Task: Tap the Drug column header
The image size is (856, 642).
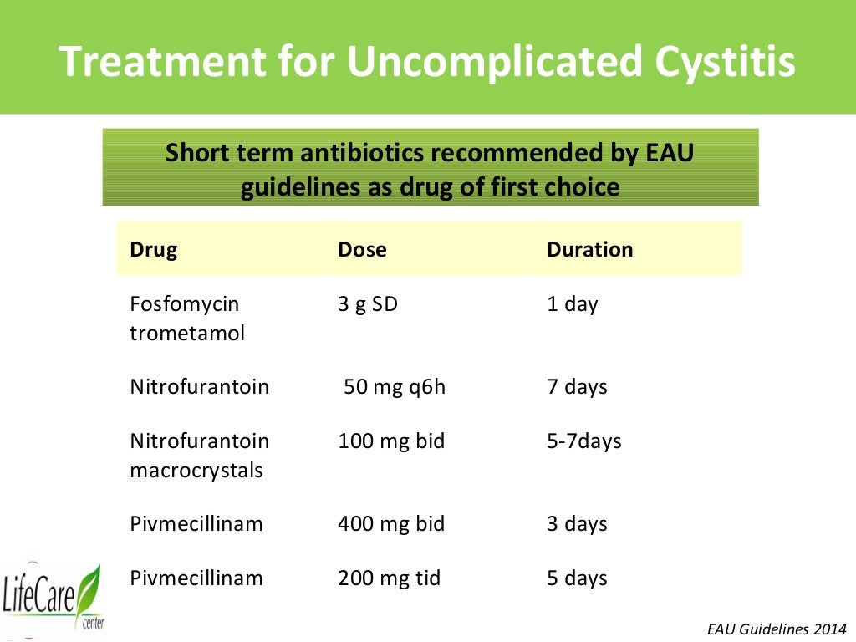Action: click(x=153, y=249)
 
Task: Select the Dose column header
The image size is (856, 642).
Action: click(x=362, y=249)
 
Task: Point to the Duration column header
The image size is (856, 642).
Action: click(x=589, y=249)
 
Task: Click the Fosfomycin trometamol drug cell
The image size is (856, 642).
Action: click(x=187, y=318)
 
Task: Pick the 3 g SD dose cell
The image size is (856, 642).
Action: click(x=368, y=303)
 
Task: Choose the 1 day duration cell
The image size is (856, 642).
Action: click(x=573, y=303)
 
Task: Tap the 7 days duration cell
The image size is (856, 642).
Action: click(x=577, y=387)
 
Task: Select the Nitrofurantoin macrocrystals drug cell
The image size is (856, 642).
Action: click(x=200, y=456)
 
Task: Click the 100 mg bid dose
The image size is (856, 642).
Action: click(x=391, y=441)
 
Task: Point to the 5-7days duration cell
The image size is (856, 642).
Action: click(x=584, y=441)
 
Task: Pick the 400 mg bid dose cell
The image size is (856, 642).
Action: click(x=391, y=524)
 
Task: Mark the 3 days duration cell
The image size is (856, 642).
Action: click(x=577, y=524)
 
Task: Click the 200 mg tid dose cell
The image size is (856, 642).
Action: click(x=389, y=578)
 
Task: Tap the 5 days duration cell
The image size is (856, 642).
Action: click(x=577, y=578)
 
